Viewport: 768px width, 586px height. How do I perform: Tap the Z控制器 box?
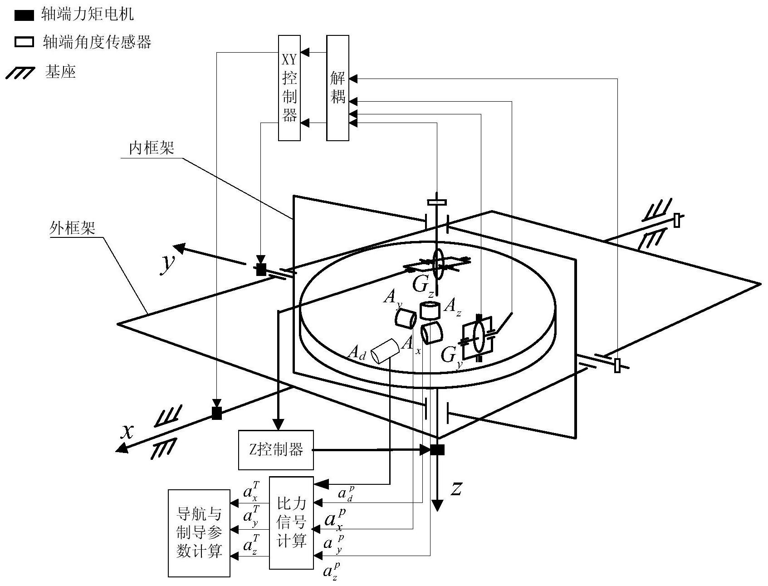pos(276,450)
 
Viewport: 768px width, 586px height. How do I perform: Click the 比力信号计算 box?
pos(291,522)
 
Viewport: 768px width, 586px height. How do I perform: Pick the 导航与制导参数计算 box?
pos(199,533)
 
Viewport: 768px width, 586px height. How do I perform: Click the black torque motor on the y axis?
pos(261,270)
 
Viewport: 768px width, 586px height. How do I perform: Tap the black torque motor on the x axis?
pos(217,414)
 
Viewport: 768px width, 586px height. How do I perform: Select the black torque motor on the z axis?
pos(437,450)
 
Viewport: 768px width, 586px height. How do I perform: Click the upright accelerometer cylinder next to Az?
pos(430,310)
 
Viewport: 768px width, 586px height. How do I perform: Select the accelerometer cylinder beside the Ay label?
pos(405,318)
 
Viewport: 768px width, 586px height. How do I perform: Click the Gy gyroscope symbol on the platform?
pos(477,336)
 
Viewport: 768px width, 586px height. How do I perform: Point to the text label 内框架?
pos(152,148)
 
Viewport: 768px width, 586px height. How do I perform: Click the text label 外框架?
pos(73,228)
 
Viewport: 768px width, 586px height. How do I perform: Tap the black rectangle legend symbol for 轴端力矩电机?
pos(24,16)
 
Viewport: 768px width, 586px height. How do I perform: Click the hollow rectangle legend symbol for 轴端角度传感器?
pos(24,43)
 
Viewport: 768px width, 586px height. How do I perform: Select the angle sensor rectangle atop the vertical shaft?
pos(437,202)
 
